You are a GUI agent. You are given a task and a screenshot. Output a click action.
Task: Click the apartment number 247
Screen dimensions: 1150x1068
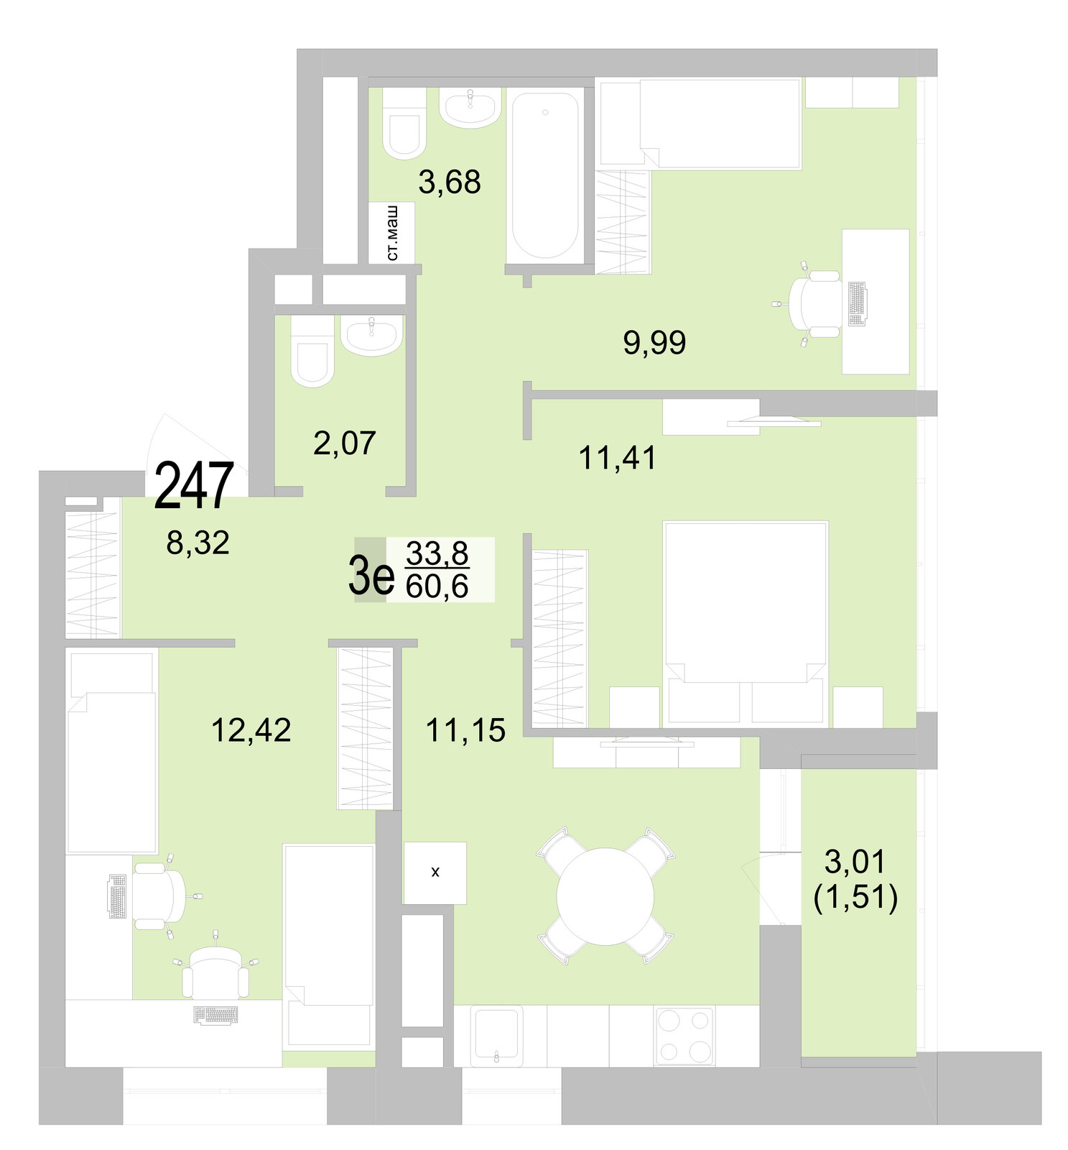(194, 486)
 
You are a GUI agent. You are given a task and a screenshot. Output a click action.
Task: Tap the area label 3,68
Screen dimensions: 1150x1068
(450, 183)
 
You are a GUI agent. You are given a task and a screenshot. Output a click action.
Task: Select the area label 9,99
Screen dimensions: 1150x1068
(654, 343)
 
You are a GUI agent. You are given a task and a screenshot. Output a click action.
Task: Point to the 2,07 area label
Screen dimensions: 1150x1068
(345, 443)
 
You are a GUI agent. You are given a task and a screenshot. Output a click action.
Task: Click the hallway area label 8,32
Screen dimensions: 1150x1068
(198, 543)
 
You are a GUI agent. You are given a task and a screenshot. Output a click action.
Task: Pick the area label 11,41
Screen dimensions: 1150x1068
(618, 458)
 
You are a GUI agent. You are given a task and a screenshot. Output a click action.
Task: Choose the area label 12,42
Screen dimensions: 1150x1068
(251, 730)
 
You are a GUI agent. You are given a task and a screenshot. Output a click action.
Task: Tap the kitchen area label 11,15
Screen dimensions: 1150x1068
(465, 730)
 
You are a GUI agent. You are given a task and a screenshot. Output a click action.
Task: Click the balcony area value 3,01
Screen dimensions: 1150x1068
(855, 861)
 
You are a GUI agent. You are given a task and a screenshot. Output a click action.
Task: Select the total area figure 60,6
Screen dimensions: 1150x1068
(437, 586)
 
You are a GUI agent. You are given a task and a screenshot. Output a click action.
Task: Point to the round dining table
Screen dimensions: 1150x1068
(605, 896)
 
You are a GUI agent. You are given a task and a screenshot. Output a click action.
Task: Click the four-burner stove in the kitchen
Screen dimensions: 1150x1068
(684, 1035)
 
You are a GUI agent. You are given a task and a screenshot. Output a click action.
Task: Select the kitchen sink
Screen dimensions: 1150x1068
(496, 1035)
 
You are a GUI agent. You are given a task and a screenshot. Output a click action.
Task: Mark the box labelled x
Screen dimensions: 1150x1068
(435, 873)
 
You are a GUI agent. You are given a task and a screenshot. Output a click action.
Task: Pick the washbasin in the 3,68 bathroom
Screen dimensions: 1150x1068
(470, 107)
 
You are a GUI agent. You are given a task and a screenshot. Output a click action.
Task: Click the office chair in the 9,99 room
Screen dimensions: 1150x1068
(814, 303)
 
